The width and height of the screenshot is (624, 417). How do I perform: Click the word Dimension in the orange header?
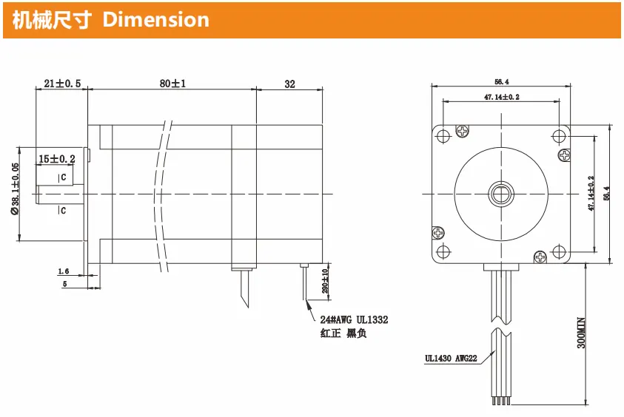(155, 19)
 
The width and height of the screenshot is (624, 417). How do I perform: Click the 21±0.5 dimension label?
(62, 84)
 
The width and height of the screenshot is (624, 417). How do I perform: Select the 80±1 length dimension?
(172, 84)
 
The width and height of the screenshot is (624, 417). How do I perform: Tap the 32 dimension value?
(289, 84)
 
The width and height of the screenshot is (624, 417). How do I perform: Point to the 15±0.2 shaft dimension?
(56, 159)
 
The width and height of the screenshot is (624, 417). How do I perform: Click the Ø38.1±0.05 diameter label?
(15, 189)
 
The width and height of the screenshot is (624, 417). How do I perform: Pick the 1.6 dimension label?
(63, 271)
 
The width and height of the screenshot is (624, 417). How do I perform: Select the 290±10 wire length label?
(325, 281)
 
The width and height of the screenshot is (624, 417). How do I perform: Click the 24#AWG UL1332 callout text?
(354, 319)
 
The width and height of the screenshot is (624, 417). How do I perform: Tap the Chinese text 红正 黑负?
(343, 333)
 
